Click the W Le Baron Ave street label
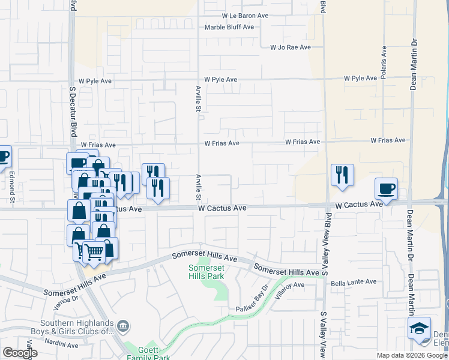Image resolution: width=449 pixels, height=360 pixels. [x=245, y=16]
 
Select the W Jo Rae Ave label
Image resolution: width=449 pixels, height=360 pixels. [x=291, y=47]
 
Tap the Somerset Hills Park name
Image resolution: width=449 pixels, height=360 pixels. [x=206, y=272]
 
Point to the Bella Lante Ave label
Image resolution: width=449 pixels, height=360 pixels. [x=353, y=281]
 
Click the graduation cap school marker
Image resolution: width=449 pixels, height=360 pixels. [x=419, y=329]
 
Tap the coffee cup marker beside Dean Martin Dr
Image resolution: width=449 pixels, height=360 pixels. [x=387, y=189]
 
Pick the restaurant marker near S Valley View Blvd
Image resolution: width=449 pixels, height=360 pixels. [x=342, y=175]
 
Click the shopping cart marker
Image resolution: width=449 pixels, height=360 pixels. [x=94, y=252]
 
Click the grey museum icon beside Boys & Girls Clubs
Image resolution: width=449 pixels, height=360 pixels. [x=124, y=326]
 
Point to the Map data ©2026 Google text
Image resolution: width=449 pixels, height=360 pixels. [x=412, y=355]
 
